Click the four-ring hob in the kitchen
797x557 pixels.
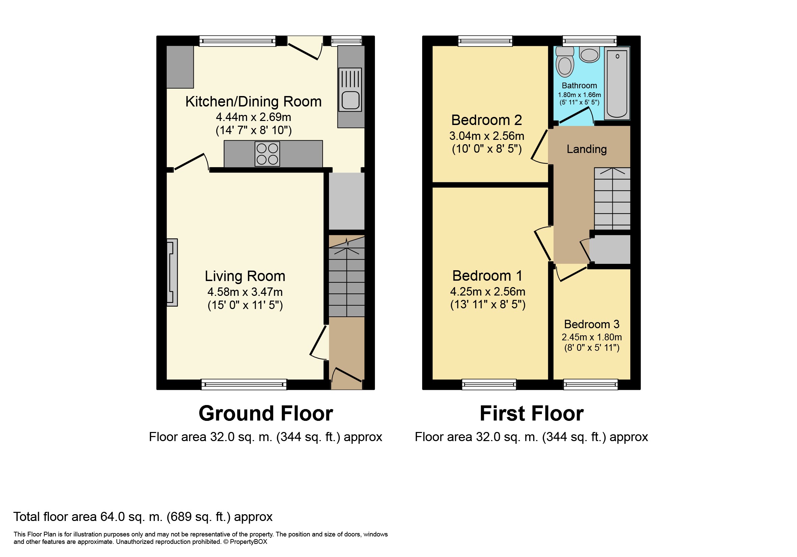(x=267, y=154)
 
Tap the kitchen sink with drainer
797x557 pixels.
(x=350, y=90)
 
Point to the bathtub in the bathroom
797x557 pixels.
(x=617, y=83)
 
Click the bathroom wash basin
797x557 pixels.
(x=589, y=55)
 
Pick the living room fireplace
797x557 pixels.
(x=172, y=272)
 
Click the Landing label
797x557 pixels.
(x=587, y=149)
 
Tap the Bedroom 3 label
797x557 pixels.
(x=592, y=324)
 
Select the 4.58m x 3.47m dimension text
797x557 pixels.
(x=245, y=292)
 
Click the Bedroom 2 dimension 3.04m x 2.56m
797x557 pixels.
(x=487, y=136)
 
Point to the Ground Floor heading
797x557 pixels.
(x=266, y=413)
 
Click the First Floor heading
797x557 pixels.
(x=531, y=413)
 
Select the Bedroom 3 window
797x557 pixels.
(x=590, y=384)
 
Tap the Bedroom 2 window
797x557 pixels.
(x=485, y=41)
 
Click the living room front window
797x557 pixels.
(x=244, y=384)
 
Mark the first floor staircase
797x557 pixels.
(x=612, y=198)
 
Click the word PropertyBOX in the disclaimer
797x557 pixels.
(x=249, y=542)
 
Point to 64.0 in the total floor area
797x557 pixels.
(x=112, y=517)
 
